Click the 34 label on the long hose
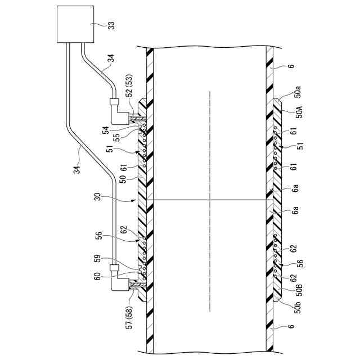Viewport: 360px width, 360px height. (x=79, y=167)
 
